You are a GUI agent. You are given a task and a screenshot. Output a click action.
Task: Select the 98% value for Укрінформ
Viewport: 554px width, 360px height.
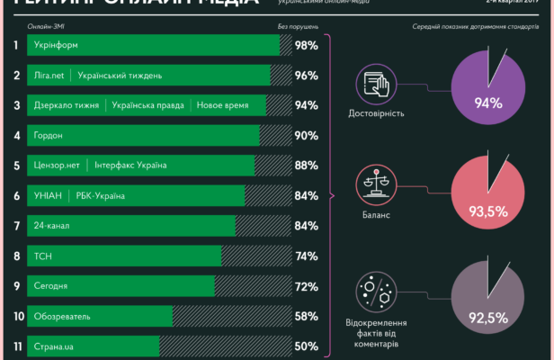(306, 45)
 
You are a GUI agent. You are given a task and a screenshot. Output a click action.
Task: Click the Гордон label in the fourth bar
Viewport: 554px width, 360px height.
(49, 135)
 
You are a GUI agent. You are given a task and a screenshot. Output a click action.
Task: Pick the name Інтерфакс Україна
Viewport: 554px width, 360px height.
(130, 165)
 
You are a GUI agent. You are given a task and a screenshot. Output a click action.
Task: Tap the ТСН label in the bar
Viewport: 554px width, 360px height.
(42, 256)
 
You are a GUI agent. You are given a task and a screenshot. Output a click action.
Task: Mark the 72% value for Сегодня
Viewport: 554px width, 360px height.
(306, 286)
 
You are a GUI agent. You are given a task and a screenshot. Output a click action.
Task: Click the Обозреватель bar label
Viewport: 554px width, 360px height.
(61, 316)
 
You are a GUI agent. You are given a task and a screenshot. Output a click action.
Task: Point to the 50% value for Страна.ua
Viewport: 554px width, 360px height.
(306, 346)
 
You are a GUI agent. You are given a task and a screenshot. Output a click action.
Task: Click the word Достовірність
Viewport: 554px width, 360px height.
(376, 114)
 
